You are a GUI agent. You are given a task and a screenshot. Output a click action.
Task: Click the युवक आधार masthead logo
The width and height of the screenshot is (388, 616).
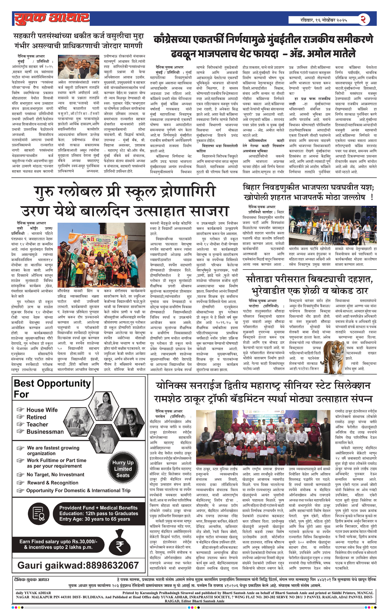click(51, 18)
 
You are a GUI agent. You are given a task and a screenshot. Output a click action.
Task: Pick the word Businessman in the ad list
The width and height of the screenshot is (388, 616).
click(45, 432)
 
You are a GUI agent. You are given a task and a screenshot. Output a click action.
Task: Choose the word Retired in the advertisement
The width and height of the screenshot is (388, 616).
click(36, 417)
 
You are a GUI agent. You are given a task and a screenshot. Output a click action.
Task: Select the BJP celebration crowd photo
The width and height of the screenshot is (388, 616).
click(333, 226)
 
